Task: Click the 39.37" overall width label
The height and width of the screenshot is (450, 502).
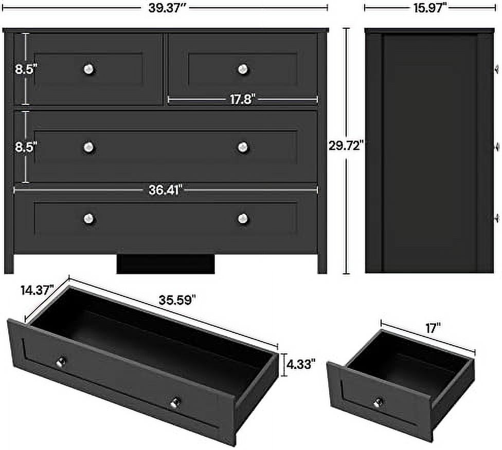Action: point(165,7)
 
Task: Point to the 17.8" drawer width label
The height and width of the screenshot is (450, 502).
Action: point(242,100)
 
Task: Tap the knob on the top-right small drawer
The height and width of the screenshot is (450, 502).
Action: point(243,68)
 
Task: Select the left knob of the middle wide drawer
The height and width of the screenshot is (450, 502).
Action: point(89,147)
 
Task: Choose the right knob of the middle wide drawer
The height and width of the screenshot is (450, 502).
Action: point(243,147)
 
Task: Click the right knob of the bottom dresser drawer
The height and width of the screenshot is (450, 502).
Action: point(243,218)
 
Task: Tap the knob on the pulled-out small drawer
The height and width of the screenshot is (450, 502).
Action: point(380,402)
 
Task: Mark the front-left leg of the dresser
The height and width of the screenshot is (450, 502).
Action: point(9,264)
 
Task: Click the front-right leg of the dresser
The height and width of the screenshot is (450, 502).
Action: point(322,264)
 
